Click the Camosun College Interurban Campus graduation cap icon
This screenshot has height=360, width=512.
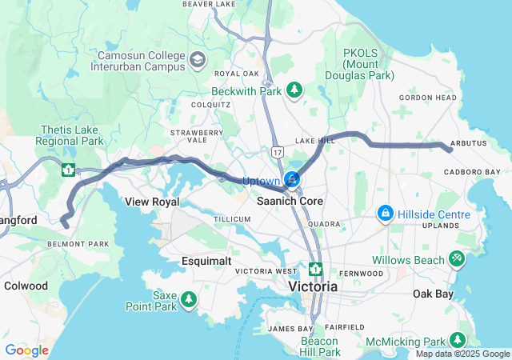pos(197,60)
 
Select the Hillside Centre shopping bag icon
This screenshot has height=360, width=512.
pos(386,214)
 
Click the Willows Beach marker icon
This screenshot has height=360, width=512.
pos(457,259)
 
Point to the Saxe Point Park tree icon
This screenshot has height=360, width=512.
pos(189,299)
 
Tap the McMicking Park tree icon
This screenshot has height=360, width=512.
pos(458,341)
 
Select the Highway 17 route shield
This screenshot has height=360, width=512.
pos(277,150)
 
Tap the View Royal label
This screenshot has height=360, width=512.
pos(152,202)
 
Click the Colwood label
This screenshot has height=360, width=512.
pos(26,286)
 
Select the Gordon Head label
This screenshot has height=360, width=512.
pos(428,98)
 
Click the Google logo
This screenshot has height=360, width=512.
pos(26,350)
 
